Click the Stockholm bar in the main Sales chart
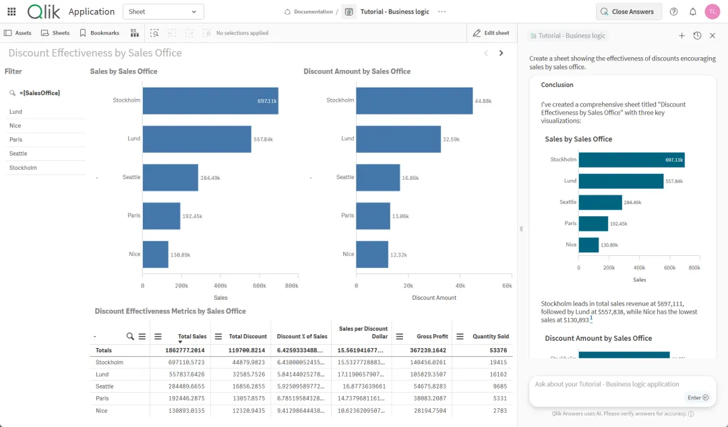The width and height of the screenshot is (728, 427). (210, 101)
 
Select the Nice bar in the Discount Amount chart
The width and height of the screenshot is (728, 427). (372, 255)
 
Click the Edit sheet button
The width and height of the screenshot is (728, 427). (491, 33)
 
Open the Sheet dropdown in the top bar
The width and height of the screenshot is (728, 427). (163, 11)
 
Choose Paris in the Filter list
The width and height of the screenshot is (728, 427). (16, 139)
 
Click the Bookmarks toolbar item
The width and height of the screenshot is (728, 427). (100, 33)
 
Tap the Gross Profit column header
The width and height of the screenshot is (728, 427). (432, 337)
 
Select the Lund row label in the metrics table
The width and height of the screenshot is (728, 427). (102, 374)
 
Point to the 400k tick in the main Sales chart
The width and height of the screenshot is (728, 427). (220, 286)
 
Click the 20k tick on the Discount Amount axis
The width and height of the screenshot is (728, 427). (408, 286)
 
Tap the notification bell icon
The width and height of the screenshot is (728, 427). (693, 11)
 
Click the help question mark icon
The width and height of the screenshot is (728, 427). (673, 11)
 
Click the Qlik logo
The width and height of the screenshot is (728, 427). (44, 11)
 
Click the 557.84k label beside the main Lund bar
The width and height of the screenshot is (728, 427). (264, 139)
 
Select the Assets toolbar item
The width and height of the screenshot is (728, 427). (18, 33)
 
